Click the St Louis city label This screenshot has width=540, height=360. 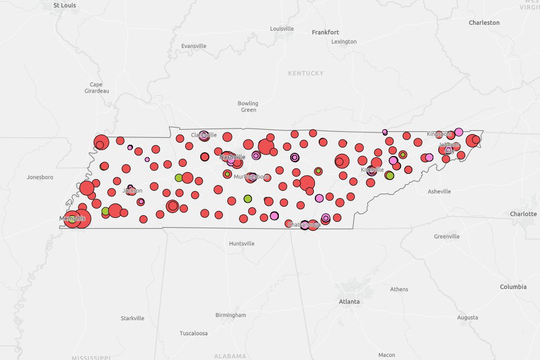point(65,5)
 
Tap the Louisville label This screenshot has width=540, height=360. point(282,29)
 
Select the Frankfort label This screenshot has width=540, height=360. point(325,32)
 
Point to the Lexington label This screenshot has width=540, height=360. point(344,41)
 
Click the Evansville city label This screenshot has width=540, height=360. point(194,46)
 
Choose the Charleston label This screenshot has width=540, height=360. point(484,23)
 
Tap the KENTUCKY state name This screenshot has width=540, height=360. point(306,73)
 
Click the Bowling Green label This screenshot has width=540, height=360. point(248,107)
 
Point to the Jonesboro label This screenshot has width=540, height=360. point(40,177)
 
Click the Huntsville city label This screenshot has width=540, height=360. point(242,243)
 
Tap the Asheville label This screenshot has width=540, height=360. point(439,192)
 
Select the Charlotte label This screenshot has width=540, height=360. point(523,214)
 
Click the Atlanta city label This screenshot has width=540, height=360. point(349,301)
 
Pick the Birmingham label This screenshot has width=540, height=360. point(230,315)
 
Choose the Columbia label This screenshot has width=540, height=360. point(513,287)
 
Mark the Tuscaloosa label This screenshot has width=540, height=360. point(194,333)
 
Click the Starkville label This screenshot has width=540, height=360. point(132,318)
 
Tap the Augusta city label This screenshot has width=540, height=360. point(467,317)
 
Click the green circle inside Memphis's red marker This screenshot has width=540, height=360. point(72,220)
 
